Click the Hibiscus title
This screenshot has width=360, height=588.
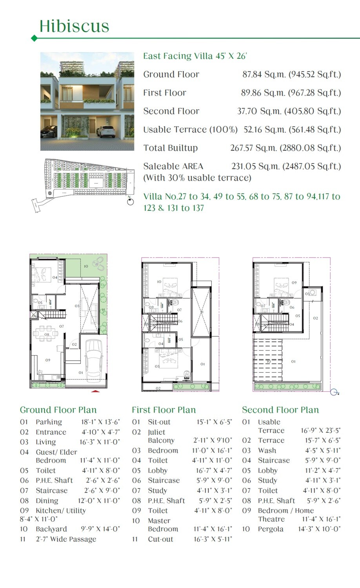[74, 26]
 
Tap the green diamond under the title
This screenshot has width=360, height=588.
[34, 38]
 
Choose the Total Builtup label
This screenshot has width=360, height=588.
[171, 148]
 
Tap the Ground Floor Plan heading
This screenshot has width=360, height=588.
[58, 410]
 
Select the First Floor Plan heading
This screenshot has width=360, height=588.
[164, 410]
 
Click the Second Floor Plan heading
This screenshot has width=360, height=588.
[280, 410]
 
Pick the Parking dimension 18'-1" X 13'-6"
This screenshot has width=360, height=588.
[100, 422]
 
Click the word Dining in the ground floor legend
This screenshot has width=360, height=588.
[47, 501]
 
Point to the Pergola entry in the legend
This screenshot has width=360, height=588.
[271, 529]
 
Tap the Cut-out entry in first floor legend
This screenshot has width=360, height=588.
[160, 539]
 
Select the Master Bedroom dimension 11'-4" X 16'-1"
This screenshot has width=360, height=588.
[213, 529]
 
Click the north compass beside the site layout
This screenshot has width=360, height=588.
[131, 202]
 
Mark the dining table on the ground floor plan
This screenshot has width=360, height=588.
[46, 334]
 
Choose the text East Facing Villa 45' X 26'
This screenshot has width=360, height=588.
[195, 56]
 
